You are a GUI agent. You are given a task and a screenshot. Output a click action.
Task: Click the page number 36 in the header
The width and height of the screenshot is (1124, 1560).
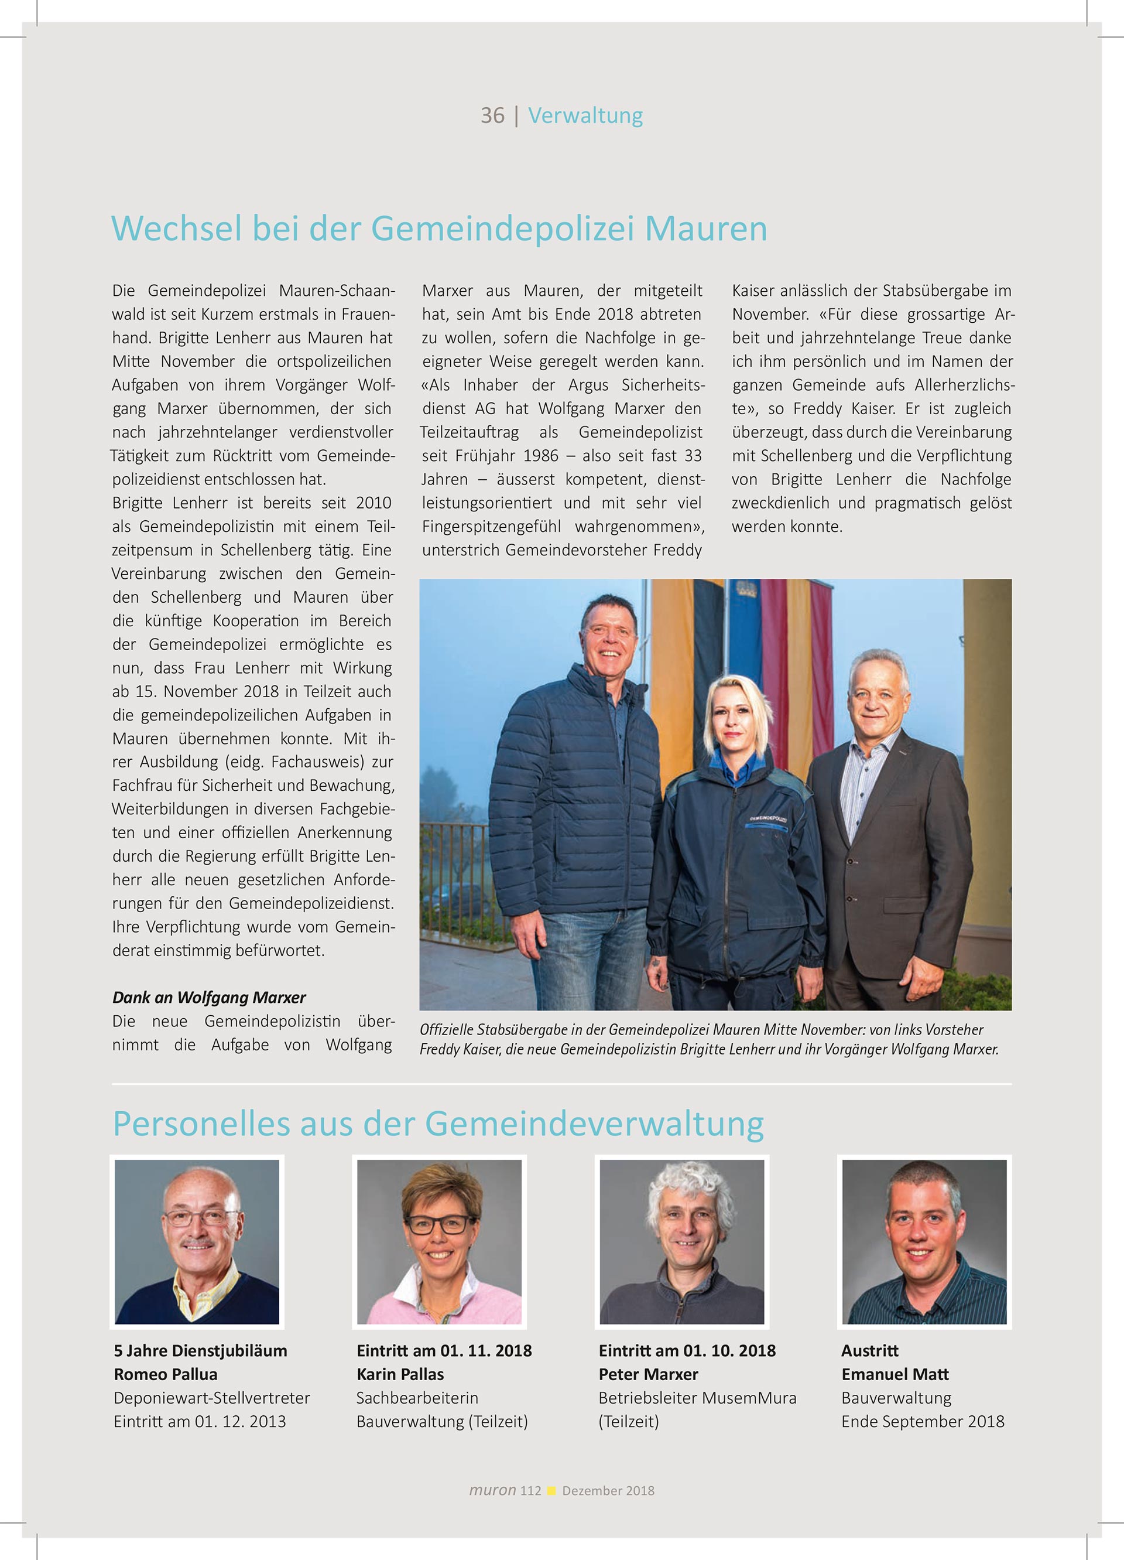click(x=492, y=115)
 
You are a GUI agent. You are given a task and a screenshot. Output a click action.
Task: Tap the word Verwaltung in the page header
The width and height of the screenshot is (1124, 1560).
click(x=585, y=115)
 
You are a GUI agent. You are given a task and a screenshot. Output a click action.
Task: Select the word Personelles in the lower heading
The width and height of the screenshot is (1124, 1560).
click(x=201, y=1125)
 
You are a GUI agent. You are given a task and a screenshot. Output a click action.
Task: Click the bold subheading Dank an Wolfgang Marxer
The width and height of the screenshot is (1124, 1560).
click(x=209, y=998)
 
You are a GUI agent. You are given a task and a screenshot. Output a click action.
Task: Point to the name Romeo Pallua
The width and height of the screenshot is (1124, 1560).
click(x=166, y=1374)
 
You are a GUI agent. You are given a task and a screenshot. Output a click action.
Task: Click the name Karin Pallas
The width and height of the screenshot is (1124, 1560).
click(x=400, y=1374)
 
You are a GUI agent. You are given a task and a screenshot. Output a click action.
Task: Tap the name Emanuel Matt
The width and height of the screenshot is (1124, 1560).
click(x=895, y=1374)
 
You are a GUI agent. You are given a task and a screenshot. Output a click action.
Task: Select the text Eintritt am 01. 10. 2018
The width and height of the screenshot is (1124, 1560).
click(x=687, y=1350)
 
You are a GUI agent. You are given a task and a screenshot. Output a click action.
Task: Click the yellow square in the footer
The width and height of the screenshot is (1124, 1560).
click(x=551, y=1490)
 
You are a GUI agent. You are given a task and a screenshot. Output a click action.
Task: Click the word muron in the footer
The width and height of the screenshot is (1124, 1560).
click(x=492, y=1490)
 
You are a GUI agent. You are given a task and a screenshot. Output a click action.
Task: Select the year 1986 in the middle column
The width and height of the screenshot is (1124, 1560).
click(x=540, y=456)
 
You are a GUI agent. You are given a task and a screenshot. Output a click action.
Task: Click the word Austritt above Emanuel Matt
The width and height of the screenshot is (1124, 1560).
click(x=870, y=1350)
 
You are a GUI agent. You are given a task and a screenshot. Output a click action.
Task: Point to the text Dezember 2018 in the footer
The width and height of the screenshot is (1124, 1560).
click(x=608, y=1490)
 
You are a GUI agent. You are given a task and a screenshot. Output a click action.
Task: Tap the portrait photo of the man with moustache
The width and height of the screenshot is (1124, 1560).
click(x=197, y=1242)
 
